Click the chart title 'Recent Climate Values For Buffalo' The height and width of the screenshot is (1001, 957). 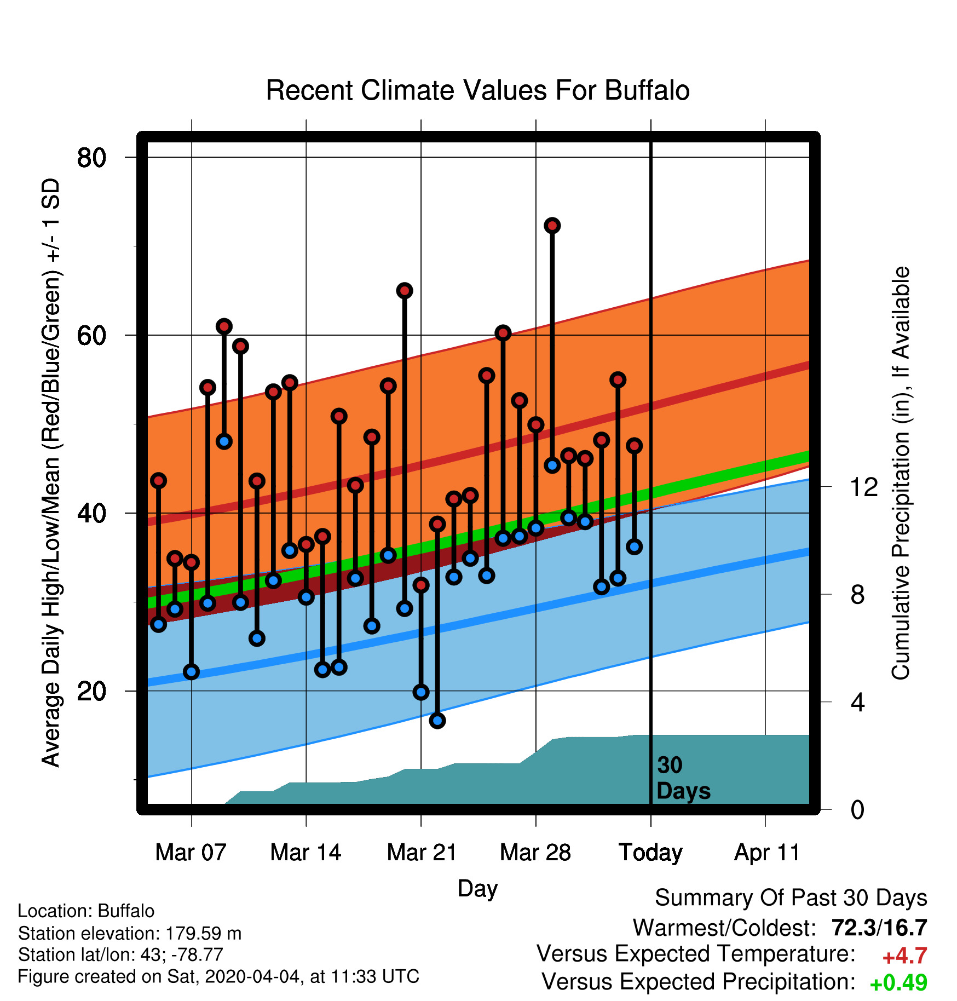point(477,90)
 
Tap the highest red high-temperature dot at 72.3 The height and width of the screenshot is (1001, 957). point(552,226)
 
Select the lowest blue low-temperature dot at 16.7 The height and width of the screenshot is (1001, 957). point(437,721)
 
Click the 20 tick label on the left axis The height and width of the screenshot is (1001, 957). point(91,691)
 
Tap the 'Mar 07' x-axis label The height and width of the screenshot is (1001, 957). point(191,853)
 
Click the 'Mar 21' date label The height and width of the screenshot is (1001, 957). point(422,853)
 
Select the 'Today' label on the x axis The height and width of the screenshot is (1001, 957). point(650,853)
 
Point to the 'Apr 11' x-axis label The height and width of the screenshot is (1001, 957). point(766,853)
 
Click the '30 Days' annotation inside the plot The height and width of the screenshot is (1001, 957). point(683,778)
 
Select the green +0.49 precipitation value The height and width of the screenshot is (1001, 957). point(898,982)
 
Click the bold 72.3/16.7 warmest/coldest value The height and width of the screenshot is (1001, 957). point(879,928)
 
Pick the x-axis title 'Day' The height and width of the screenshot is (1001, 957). point(477,888)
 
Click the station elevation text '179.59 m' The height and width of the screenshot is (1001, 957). point(203,933)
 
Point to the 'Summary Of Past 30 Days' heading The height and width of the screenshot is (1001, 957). point(791,898)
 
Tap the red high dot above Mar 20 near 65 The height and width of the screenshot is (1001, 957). point(404,291)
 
